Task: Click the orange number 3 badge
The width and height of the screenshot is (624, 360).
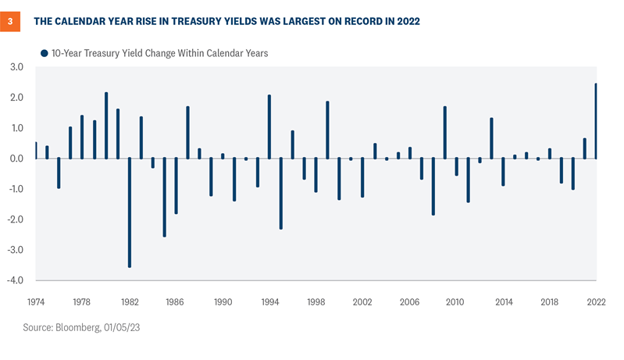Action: [11, 21]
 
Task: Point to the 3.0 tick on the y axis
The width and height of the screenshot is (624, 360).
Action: [16, 68]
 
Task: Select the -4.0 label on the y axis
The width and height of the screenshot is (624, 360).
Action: [16, 280]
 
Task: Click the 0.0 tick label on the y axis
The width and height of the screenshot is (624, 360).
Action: [16, 159]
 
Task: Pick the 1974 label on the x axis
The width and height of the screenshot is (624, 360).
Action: [37, 301]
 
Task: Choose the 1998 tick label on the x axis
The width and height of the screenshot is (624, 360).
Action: [316, 301]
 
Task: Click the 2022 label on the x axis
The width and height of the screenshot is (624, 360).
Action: [595, 301]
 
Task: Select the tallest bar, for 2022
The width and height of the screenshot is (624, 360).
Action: [596, 121]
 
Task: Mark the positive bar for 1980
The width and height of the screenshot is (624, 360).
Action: [106, 126]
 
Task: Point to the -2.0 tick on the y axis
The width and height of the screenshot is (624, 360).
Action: [16, 219]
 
